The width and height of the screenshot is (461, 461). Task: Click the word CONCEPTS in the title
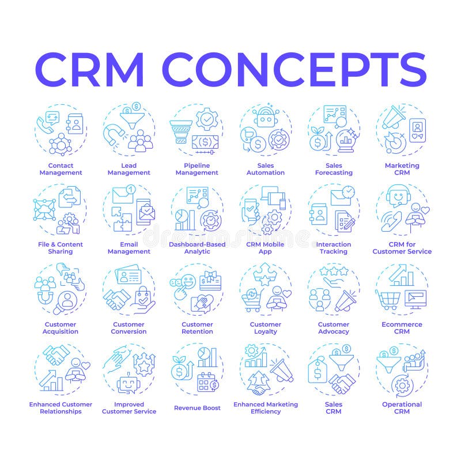(296, 70)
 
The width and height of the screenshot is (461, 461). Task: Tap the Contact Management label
(61, 169)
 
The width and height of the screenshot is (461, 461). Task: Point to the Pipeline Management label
(197, 169)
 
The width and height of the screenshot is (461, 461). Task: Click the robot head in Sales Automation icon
(266, 119)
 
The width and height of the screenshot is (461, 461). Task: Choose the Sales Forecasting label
(334, 169)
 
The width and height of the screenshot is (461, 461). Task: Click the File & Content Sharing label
(61, 248)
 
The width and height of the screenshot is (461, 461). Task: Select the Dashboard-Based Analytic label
(197, 248)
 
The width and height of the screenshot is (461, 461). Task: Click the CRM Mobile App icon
(266, 210)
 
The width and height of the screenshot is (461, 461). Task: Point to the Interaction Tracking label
(334, 248)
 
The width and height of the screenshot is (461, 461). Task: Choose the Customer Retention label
(197, 328)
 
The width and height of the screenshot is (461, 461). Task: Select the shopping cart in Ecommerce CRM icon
(388, 298)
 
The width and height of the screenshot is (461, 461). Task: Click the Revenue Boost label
(197, 408)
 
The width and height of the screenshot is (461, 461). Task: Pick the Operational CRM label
(402, 408)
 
